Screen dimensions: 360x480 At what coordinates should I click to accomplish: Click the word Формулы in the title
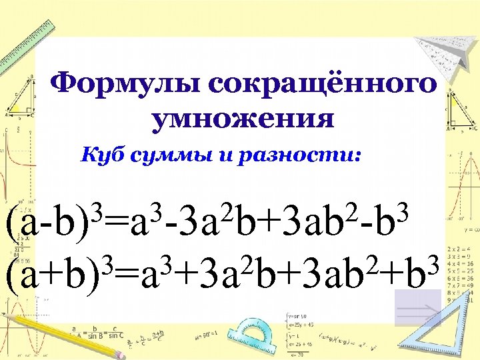click(x=123, y=85)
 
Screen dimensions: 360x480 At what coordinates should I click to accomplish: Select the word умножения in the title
click(x=242, y=119)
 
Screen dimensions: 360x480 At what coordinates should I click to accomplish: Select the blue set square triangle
click(x=447, y=333)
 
